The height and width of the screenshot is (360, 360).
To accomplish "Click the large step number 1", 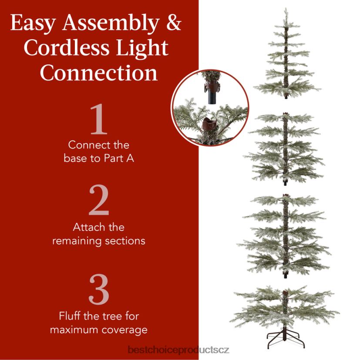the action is click(x=99, y=119).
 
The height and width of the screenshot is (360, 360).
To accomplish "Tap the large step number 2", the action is click(x=99, y=200).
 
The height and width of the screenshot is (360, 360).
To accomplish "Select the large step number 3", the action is click(x=99, y=289).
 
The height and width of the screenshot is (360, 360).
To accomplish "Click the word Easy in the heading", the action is click(x=33, y=24).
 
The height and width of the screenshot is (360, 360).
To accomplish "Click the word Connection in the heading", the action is click(x=99, y=73).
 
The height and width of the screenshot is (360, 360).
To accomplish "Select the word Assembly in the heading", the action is click(x=111, y=24).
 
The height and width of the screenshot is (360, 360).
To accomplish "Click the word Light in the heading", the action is click(x=142, y=49).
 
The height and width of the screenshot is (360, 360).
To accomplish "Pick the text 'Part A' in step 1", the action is click(x=119, y=158).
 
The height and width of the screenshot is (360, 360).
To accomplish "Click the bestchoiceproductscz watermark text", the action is click(x=178, y=350).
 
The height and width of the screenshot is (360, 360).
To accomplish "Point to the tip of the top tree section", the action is click(x=286, y=8).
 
